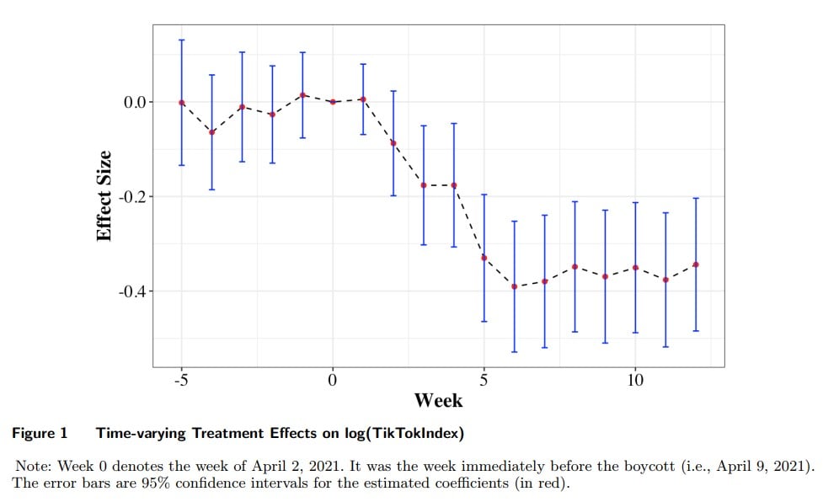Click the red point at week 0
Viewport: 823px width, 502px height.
(x=333, y=102)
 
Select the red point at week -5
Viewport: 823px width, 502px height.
(x=181, y=103)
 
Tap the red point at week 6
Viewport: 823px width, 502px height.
(x=514, y=287)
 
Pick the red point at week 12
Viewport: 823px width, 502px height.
(x=696, y=264)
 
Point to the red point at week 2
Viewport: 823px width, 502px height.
(x=393, y=143)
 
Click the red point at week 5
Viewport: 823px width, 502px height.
(x=484, y=258)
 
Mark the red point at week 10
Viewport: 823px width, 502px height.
(x=635, y=268)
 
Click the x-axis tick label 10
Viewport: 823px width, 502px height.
(x=635, y=380)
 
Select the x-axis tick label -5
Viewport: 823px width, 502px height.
(x=181, y=380)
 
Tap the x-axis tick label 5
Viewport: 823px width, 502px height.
(x=484, y=380)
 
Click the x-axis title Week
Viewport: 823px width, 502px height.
(x=438, y=400)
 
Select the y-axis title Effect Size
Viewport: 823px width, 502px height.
(x=104, y=195)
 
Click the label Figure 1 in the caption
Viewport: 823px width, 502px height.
(x=39, y=434)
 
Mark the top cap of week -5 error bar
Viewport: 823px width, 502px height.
(x=181, y=40)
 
